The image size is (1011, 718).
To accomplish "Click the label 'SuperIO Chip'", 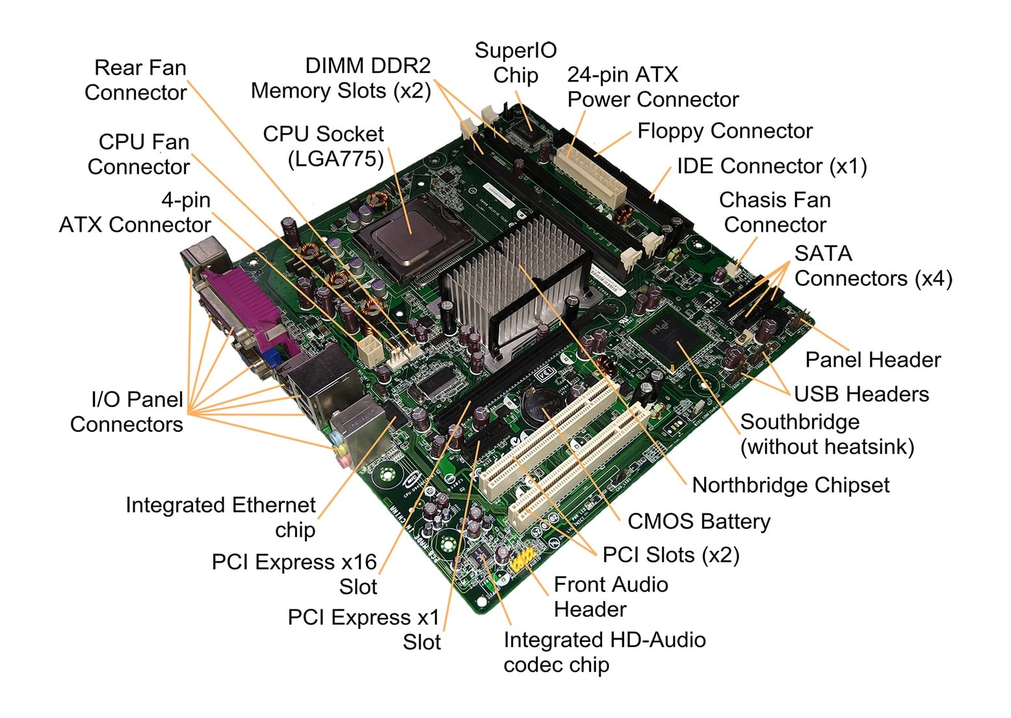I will tap(516, 62).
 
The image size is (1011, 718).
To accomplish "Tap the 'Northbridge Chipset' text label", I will tap(791, 485).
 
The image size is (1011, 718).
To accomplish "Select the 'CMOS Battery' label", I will tap(699, 522).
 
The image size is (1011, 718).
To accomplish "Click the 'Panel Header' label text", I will tap(873, 360).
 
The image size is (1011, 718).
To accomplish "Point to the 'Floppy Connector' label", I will tap(724, 131).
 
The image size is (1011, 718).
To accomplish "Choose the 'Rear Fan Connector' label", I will tap(137, 80).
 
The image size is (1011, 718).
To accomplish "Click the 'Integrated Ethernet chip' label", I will tap(221, 517).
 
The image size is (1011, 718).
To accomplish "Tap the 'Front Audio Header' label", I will tap(610, 597).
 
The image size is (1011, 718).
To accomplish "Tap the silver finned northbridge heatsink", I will tap(514, 273).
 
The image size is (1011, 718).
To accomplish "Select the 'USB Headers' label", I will tap(861, 394).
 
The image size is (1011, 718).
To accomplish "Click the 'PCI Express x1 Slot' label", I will tap(364, 630).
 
